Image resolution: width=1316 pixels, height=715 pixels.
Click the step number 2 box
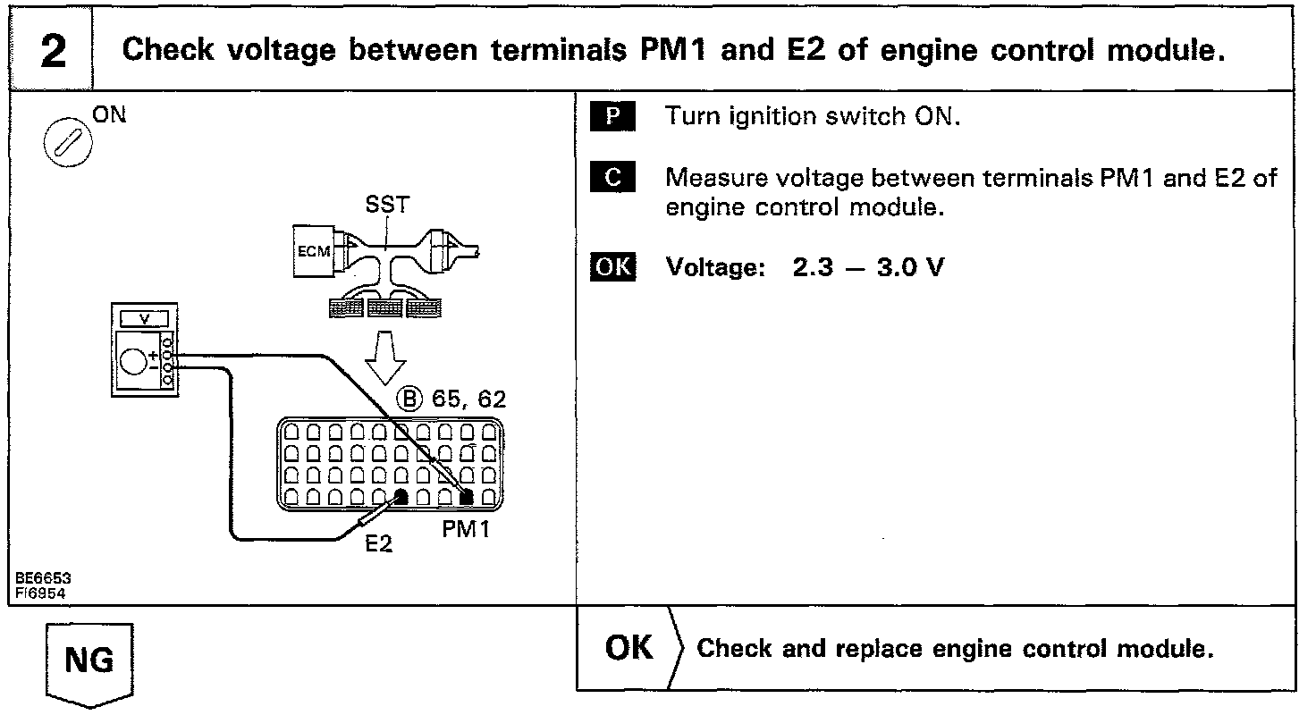pyautogui.click(x=53, y=51)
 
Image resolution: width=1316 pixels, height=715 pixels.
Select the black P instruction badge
pyautogui.click(x=612, y=117)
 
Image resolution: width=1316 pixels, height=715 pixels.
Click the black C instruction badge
pyautogui.click(x=612, y=178)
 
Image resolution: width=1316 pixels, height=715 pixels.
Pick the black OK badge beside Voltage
pyautogui.click(x=612, y=267)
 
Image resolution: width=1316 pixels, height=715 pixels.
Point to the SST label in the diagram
pyautogui.click(x=387, y=205)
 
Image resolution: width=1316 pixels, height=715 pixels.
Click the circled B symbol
pyautogui.click(x=409, y=400)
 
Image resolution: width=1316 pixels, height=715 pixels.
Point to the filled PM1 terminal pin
pyautogui.click(x=467, y=497)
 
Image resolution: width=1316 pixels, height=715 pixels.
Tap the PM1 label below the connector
pyautogui.click(x=465, y=530)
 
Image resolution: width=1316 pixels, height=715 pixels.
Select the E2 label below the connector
pyautogui.click(x=379, y=543)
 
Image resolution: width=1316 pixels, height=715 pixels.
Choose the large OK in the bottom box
pyautogui.click(x=629, y=648)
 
